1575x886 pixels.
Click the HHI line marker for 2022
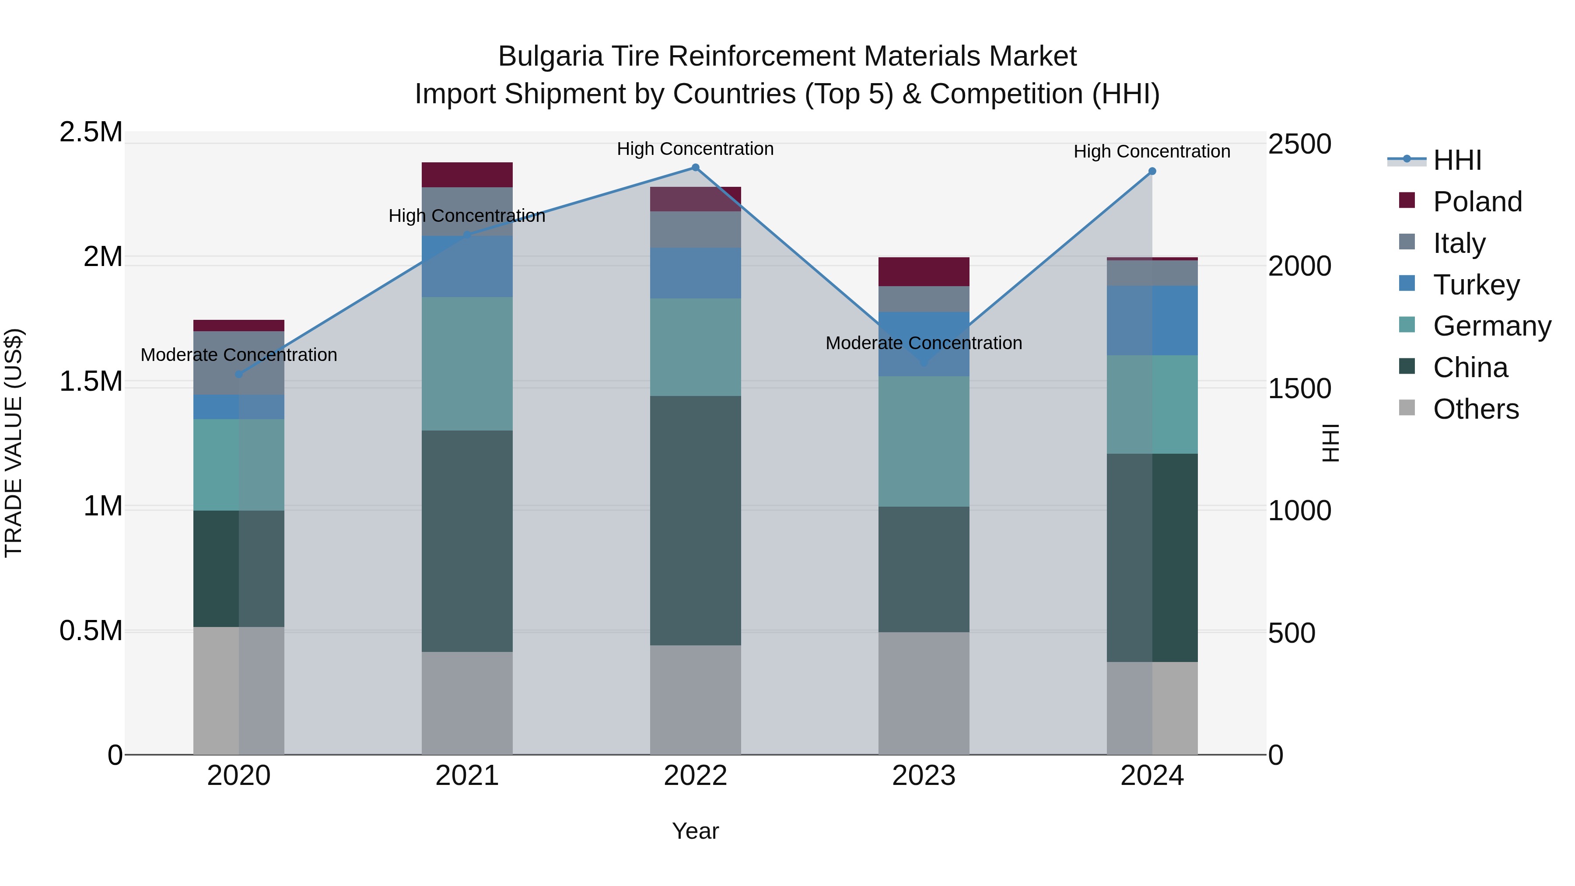695,168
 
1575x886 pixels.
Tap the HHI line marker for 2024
1152,171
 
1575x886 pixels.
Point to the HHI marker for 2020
239,374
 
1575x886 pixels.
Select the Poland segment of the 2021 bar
467,175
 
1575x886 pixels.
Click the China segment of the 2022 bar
695,520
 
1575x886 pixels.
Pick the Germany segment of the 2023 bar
924,441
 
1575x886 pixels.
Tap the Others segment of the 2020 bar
239,690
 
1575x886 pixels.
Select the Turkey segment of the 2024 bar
1152,320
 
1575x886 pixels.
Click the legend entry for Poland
1477,202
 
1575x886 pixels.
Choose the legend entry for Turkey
1476,285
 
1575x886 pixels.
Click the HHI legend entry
1456,160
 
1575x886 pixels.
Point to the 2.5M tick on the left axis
91,132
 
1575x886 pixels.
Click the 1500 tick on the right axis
1299,389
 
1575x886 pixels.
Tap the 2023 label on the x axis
924,776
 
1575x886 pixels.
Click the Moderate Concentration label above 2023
924,343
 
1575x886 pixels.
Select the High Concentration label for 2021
467,216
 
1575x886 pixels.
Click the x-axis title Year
695,831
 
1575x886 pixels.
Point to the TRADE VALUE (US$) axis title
14,443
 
